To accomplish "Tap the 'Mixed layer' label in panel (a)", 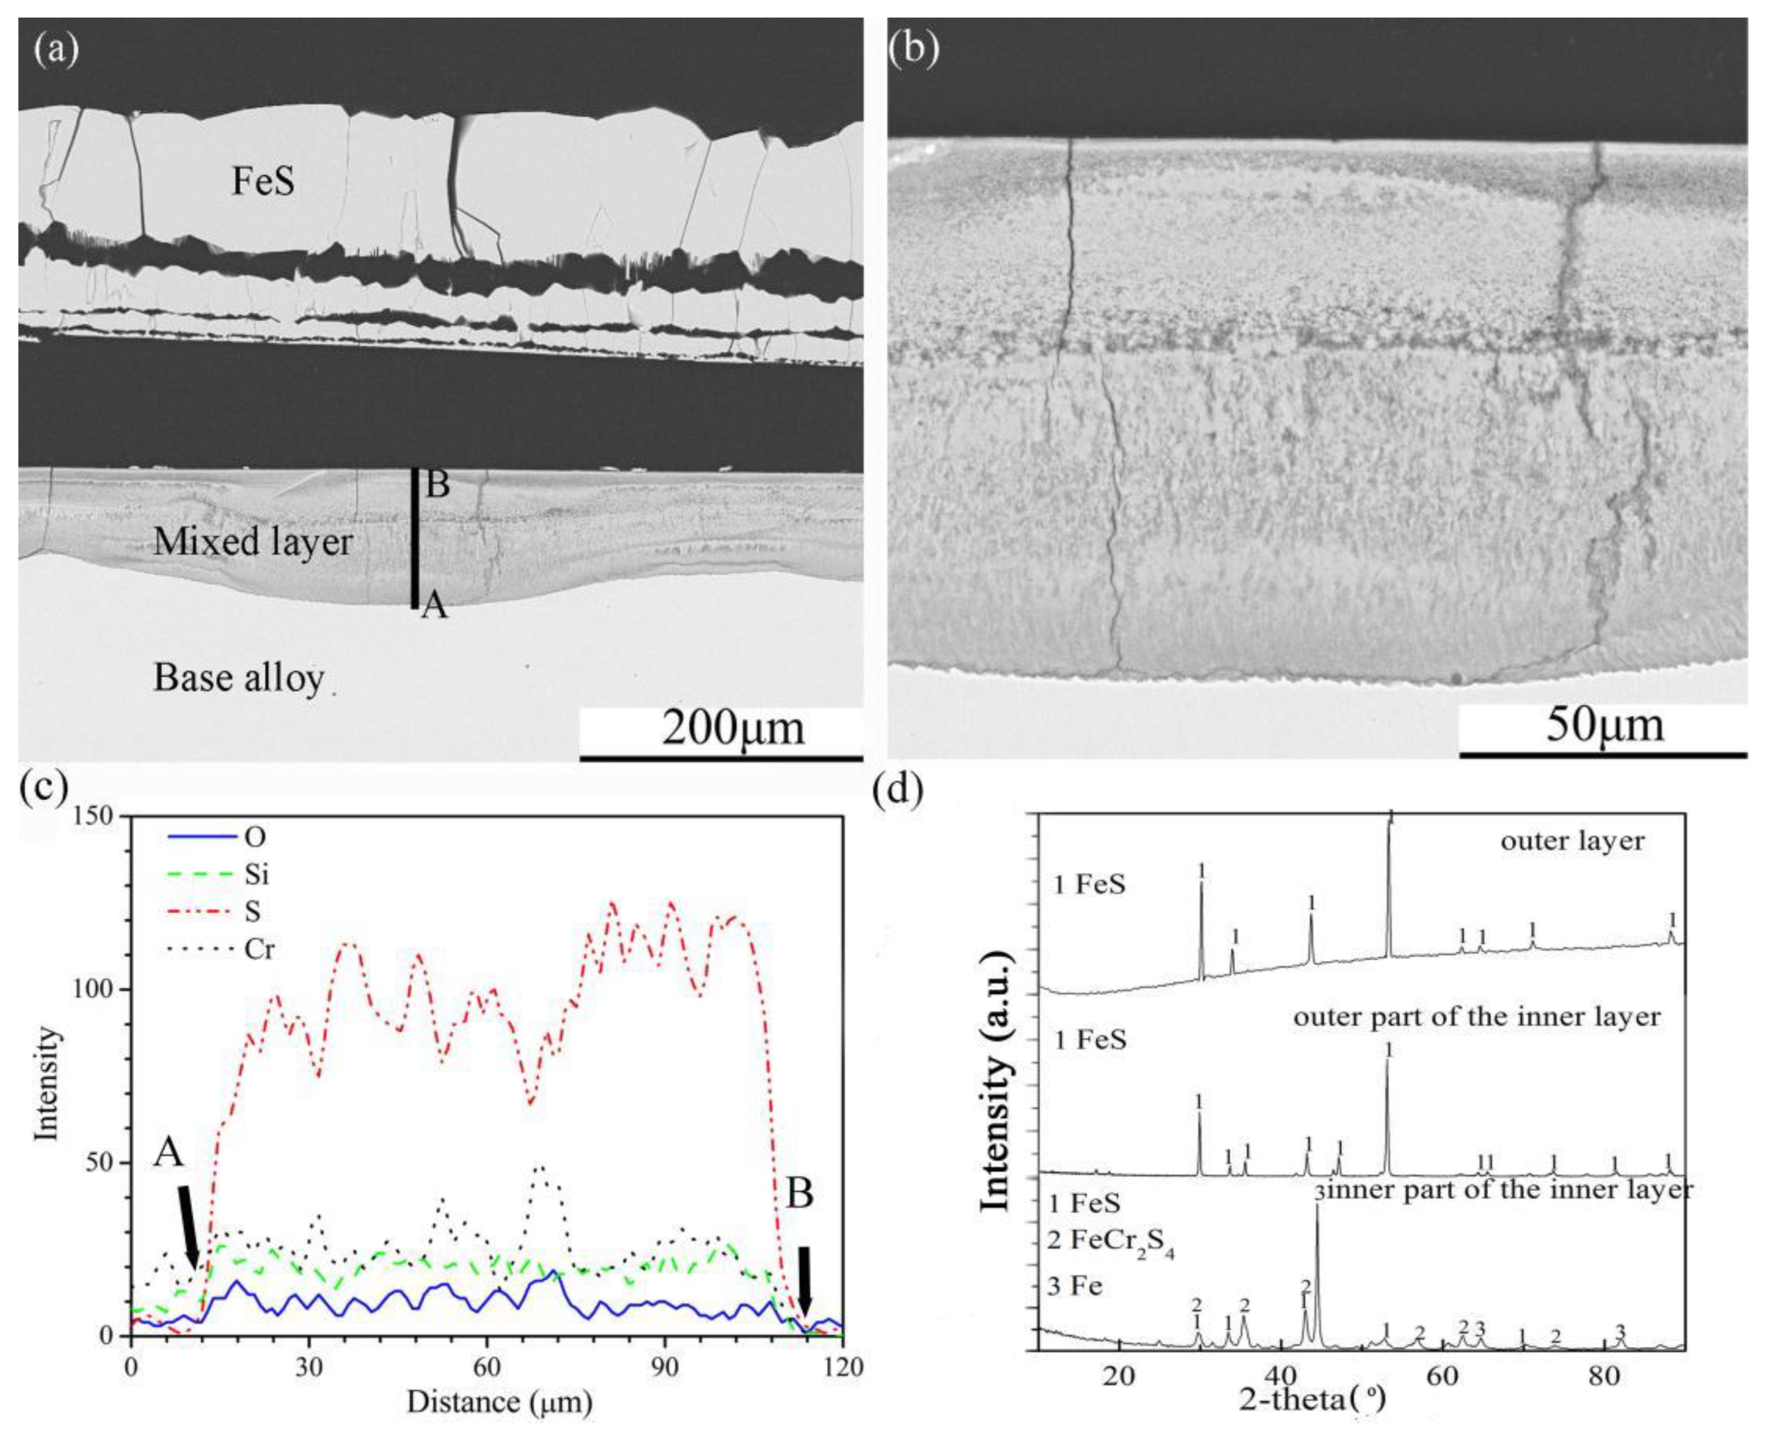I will point(253,542).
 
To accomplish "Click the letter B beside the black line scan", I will point(437,485).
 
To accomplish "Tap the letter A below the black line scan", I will point(435,608).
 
